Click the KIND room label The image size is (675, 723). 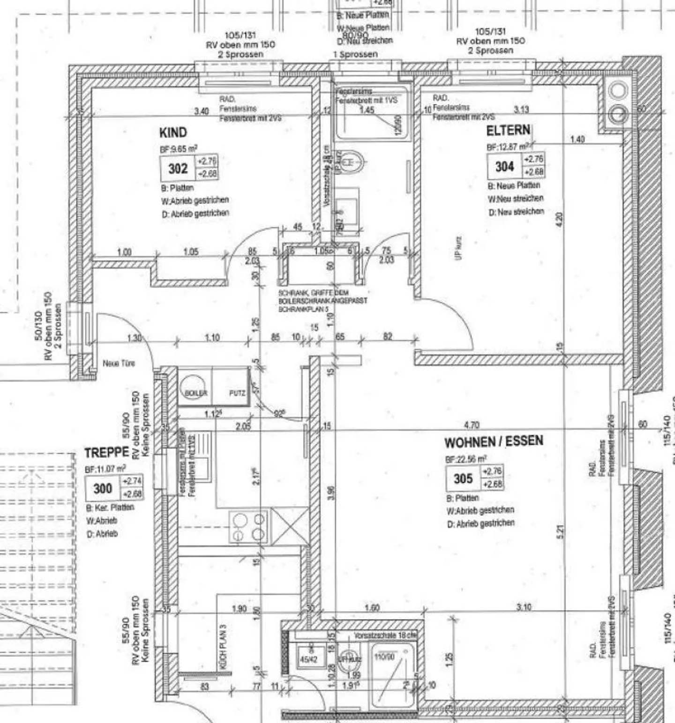173,133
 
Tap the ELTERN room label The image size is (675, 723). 508,130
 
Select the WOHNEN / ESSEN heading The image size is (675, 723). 494,442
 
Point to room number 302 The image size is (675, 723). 178,169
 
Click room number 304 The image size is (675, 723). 504,167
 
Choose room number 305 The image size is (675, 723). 463,479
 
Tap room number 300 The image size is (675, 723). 103,489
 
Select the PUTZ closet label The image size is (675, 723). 237,393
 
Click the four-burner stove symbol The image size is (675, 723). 248,527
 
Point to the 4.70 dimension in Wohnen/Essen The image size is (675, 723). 471,425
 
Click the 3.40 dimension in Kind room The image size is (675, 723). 202,111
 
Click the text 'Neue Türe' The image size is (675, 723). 119,363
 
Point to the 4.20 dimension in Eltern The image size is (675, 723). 558,219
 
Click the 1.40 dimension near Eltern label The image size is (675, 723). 577,140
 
